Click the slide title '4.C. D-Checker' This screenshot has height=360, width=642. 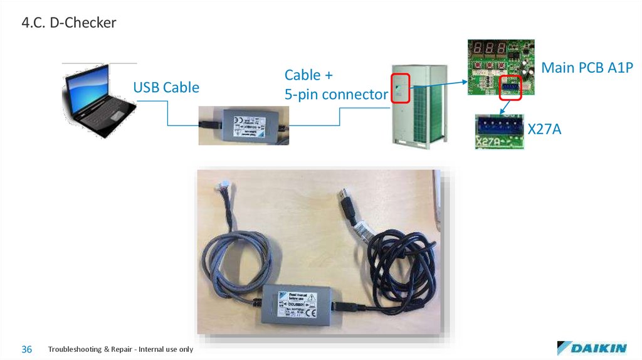click(68, 23)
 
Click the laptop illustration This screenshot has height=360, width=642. click(99, 100)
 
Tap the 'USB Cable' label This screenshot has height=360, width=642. click(166, 87)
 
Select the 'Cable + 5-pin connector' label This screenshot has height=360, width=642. click(335, 85)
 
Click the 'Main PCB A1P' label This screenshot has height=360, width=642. click(587, 67)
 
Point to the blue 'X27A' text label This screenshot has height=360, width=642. click(544, 130)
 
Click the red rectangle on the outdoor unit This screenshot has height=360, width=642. click(400, 89)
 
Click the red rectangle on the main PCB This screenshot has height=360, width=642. click(511, 88)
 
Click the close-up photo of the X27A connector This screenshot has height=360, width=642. click(499, 132)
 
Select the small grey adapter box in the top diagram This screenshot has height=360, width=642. click(243, 125)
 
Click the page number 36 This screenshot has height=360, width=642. click(27, 349)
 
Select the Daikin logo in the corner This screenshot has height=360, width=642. click(591, 348)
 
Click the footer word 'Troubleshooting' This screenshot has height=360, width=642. click(75, 349)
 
